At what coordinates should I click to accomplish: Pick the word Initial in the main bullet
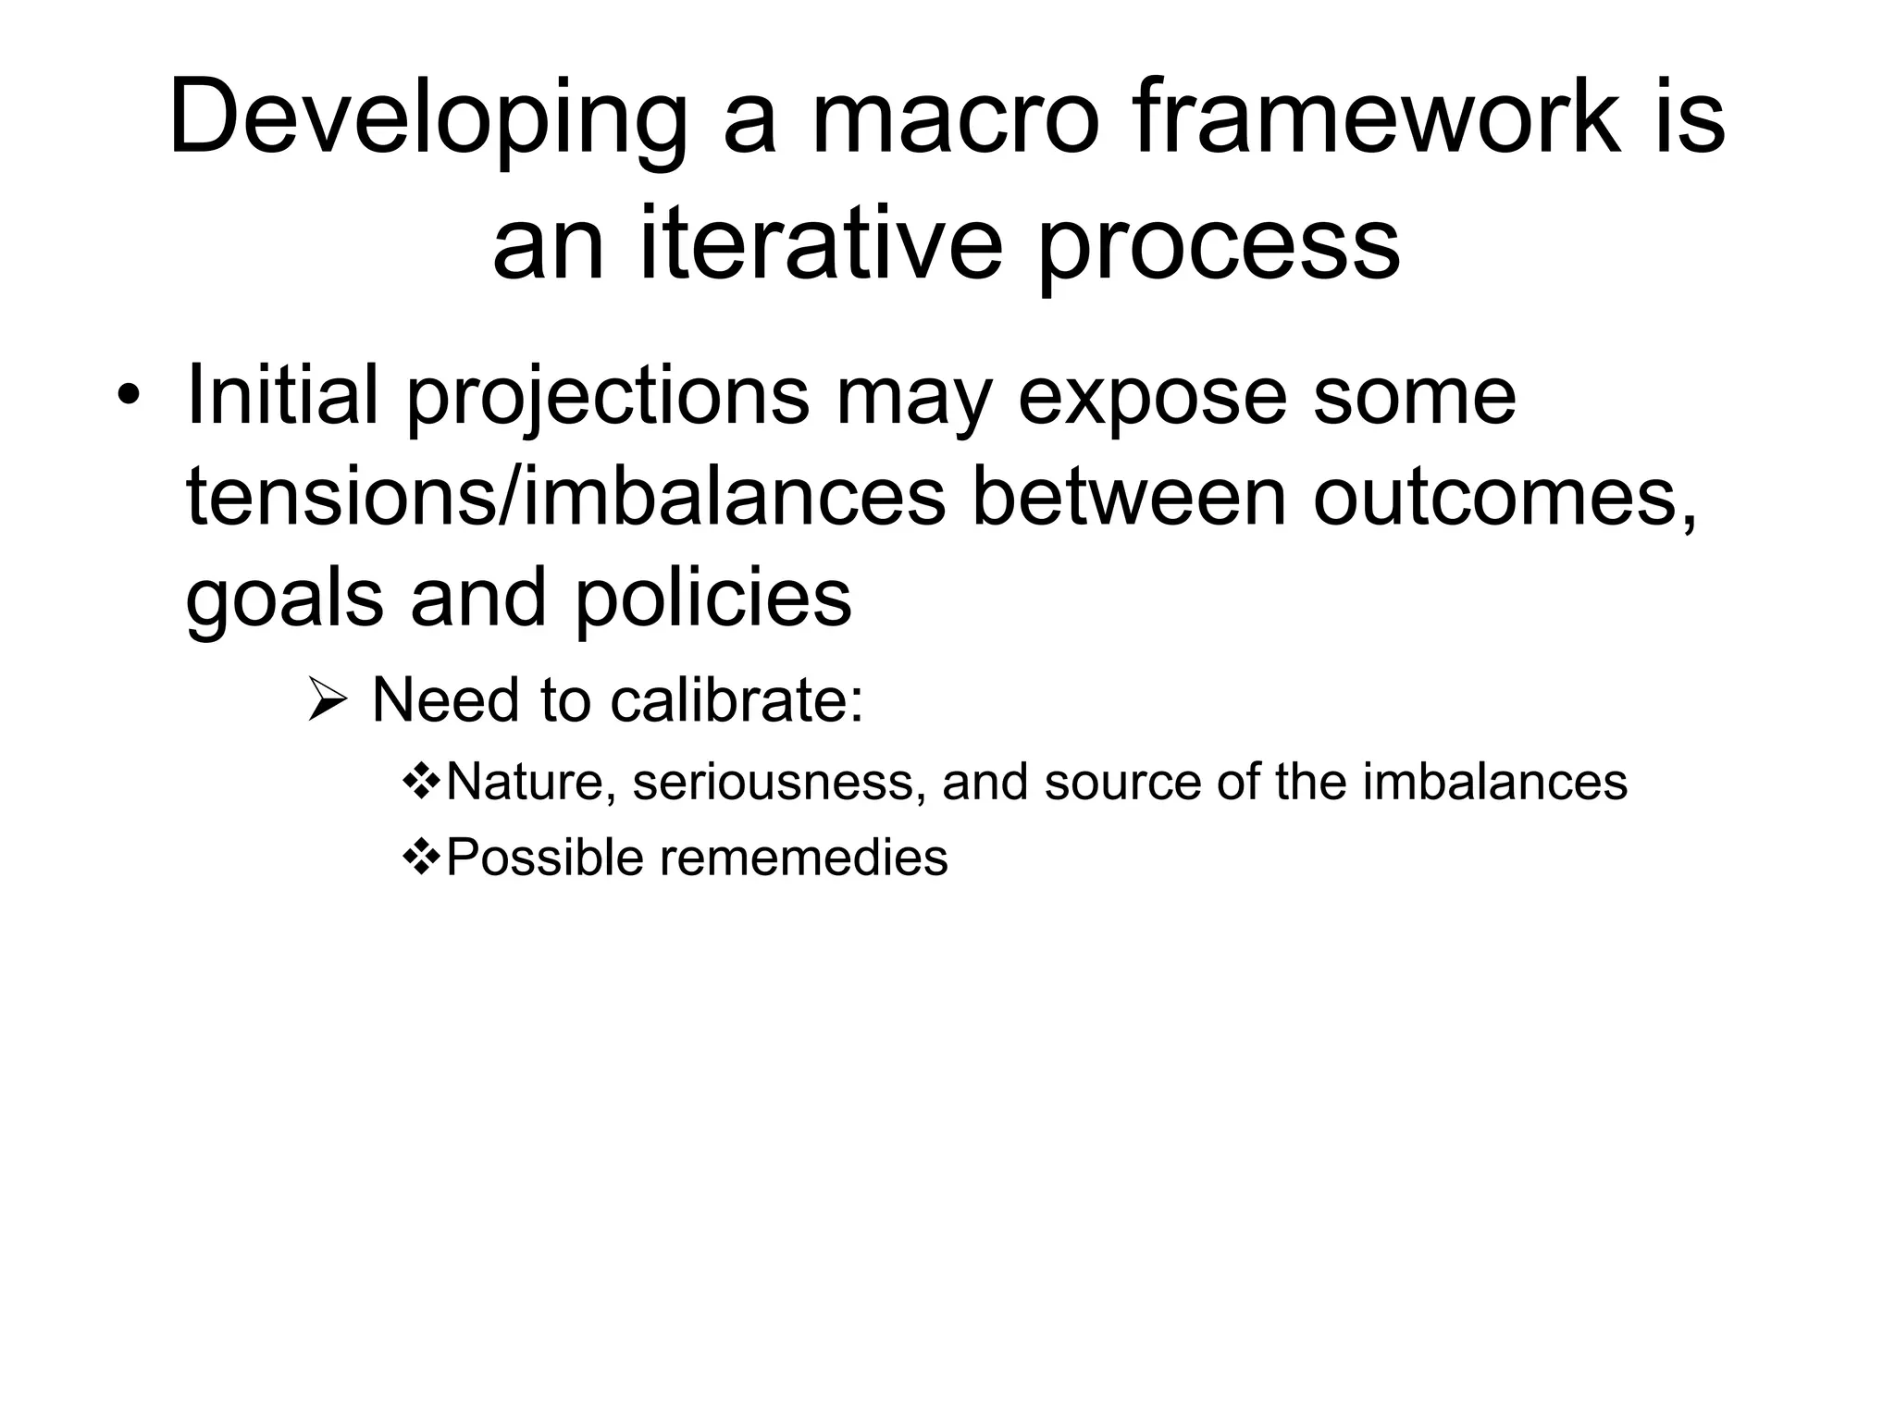pyautogui.click(x=282, y=396)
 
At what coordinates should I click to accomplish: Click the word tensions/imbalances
pyautogui.click(x=565, y=498)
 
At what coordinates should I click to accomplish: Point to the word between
pyautogui.click(x=1128, y=498)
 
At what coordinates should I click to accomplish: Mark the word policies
pyautogui.click(x=712, y=599)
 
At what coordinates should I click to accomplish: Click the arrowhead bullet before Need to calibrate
pyautogui.click(x=327, y=701)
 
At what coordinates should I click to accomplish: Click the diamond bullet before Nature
pyautogui.click(x=423, y=782)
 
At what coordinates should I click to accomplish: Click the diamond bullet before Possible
pyautogui.click(x=423, y=857)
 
